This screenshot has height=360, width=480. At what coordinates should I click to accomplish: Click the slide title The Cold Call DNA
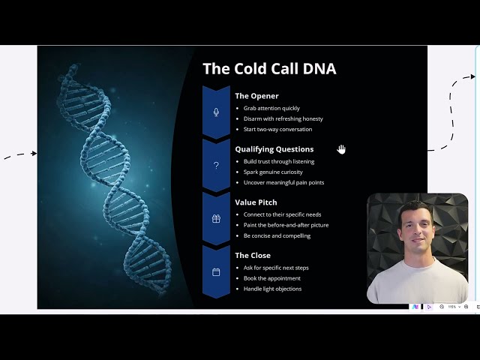coord(269,69)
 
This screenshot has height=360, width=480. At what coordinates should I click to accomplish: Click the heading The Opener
coord(256,96)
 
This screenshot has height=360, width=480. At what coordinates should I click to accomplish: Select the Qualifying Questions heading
coord(274,149)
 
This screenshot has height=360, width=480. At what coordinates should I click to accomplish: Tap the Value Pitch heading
coord(256,202)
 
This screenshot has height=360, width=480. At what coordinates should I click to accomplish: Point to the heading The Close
coord(253,256)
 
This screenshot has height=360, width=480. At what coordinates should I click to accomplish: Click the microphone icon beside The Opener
coord(216,112)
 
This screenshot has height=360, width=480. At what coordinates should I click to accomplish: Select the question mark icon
coord(216,166)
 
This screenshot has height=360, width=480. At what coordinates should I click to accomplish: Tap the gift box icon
coord(216,219)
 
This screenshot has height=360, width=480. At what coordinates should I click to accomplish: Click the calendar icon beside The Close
coord(216,272)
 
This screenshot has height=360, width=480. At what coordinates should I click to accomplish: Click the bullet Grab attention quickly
coord(271,108)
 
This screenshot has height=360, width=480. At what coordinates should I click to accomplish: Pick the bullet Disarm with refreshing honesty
coord(283,118)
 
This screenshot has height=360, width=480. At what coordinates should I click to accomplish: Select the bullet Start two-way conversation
coord(277,129)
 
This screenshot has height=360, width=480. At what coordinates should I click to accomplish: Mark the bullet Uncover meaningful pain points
coord(283,182)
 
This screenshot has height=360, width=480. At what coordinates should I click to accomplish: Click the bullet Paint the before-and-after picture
coord(286,225)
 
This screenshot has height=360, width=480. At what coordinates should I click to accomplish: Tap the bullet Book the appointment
coord(271,278)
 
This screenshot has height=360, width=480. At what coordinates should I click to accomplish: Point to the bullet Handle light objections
coord(272,289)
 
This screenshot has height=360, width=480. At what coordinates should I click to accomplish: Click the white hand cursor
coord(341,149)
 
